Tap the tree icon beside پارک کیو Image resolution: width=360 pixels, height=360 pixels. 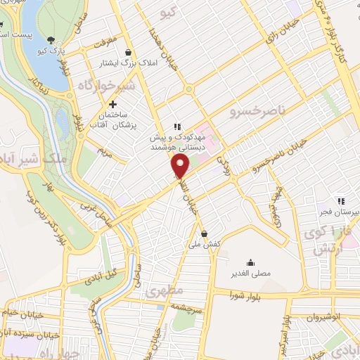(x=51, y=40)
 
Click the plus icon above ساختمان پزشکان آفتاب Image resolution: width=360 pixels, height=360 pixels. (x=112, y=104)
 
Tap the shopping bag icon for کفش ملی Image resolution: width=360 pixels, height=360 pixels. (x=204, y=233)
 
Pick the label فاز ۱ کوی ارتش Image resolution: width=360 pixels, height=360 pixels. (x=327, y=239)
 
